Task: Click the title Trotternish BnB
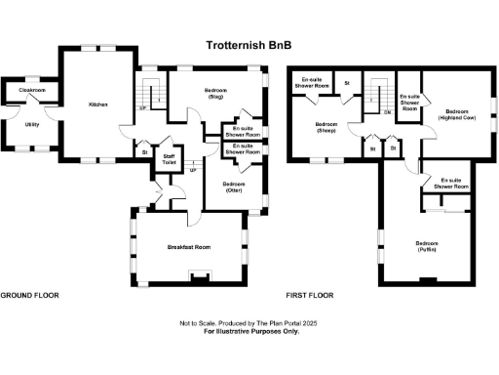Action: pos(249,45)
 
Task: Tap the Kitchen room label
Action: pos(97,104)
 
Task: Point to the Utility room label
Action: pos(32,125)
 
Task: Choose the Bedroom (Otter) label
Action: pos(233,187)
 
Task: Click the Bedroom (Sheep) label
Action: pos(326,127)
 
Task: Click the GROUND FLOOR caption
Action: pos(29,294)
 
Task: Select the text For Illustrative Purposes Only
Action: pos(251,331)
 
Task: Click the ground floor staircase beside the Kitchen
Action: pos(149,93)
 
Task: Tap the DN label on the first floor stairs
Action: pos(387,111)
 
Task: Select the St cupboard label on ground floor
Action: pos(144,152)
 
